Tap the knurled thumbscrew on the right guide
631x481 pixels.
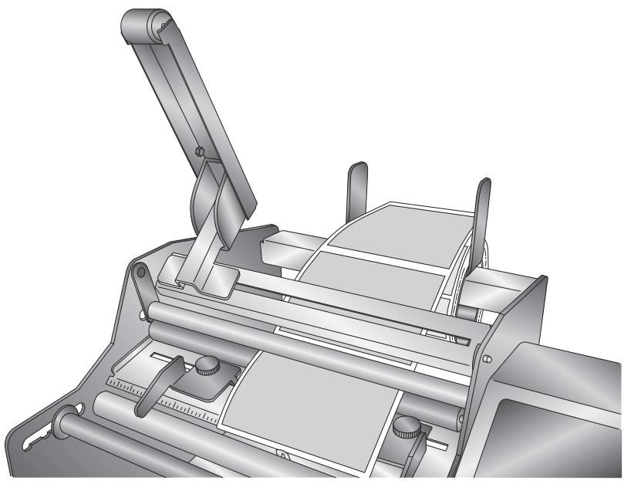(403, 425)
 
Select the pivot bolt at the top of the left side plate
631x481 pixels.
(139, 272)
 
